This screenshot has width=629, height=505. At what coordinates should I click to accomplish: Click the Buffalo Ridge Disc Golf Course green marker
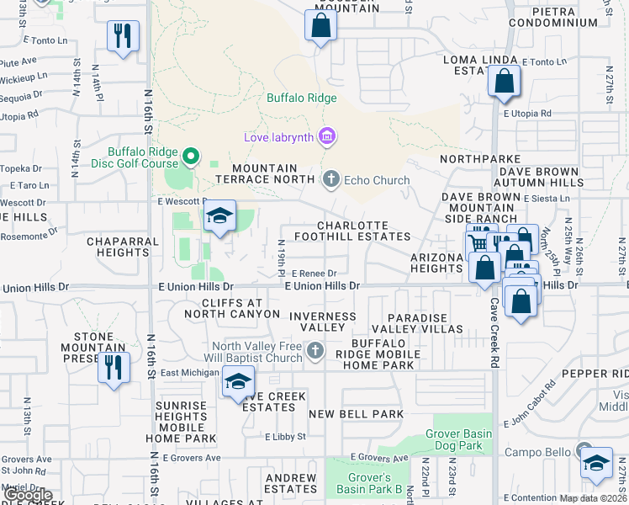[190, 156]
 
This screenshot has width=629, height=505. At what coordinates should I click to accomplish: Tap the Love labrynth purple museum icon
[328, 136]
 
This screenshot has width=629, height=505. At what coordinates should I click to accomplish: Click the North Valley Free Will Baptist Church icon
[315, 350]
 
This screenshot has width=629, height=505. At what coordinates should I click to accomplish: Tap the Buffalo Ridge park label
[302, 98]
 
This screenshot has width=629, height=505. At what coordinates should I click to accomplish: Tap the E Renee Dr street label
[314, 274]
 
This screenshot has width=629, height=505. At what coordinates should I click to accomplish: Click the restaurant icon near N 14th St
[123, 36]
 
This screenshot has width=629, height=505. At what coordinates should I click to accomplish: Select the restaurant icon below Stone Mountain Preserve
[114, 368]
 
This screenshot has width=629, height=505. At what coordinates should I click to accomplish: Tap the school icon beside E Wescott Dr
[219, 216]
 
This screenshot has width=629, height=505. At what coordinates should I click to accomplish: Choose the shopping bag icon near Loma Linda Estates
[504, 82]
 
